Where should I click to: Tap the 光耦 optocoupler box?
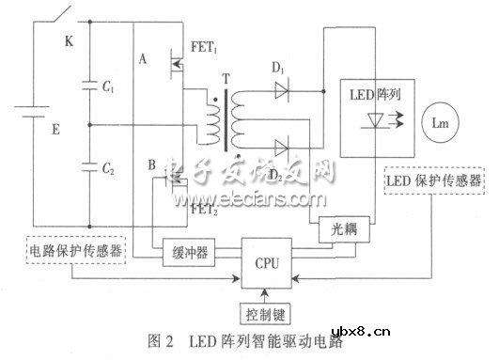coord(346,228)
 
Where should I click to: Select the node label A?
coord(142,57)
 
